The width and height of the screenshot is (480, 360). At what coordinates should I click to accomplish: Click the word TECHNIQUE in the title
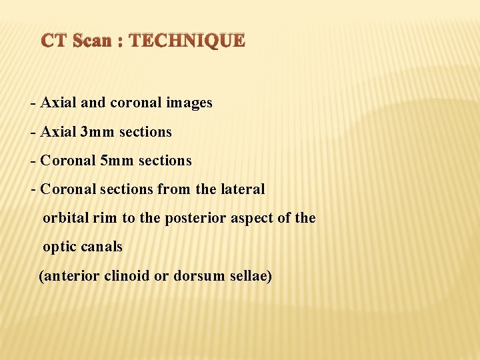pos(187,41)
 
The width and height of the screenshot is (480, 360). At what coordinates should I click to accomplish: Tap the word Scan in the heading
pos(92,41)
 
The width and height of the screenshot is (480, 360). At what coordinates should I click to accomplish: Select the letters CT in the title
pos(56,41)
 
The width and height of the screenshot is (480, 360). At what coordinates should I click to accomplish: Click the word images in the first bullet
pos(189,103)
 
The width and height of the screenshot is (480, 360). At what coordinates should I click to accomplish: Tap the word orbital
pos(65,218)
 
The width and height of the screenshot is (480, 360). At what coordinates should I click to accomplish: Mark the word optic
pos(60,247)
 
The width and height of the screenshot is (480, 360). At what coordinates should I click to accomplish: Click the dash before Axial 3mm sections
pos(33,132)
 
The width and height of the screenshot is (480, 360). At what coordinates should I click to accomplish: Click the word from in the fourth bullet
pos(173,189)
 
